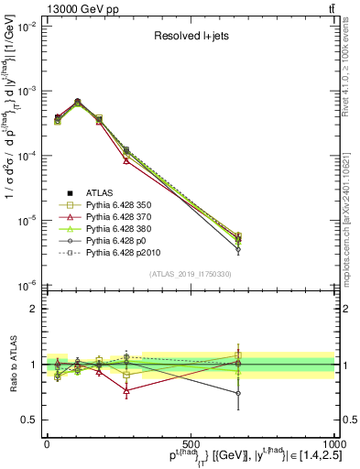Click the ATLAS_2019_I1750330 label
(x=191, y=274)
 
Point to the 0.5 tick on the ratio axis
(x=29, y=420)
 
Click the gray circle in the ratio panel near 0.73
(x=238, y=394)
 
